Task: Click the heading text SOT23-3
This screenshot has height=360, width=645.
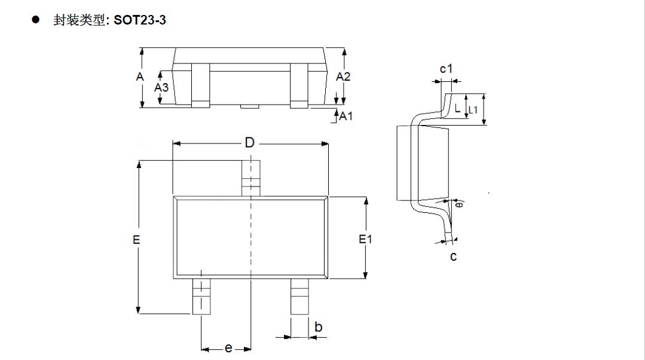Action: [140, 20]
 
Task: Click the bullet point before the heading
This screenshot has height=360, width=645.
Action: [36, 20]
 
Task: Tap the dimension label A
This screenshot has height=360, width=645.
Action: [139, 77]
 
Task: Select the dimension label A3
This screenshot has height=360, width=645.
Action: [161, 87]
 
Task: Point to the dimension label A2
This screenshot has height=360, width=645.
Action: [343, 77]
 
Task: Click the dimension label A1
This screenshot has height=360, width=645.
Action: [346, 116]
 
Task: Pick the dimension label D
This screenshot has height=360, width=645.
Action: [250, 142]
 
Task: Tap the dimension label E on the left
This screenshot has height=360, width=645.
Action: [136, 239]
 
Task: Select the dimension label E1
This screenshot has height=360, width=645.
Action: [365, 239]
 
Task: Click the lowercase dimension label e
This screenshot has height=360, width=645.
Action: [228, 348]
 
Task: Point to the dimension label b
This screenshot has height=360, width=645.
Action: [318, 327]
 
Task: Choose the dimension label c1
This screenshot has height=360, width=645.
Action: [446, 69]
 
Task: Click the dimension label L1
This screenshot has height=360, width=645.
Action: [473, 110]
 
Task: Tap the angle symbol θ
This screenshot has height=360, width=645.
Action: [459, 204]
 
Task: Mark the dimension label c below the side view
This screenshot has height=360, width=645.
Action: [453, 257]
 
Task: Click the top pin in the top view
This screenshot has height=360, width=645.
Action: [250, 178]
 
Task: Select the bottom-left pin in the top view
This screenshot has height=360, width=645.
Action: [201, 297]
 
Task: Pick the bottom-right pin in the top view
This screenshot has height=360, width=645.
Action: [299, 297]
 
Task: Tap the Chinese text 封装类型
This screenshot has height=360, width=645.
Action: [78, 20]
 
